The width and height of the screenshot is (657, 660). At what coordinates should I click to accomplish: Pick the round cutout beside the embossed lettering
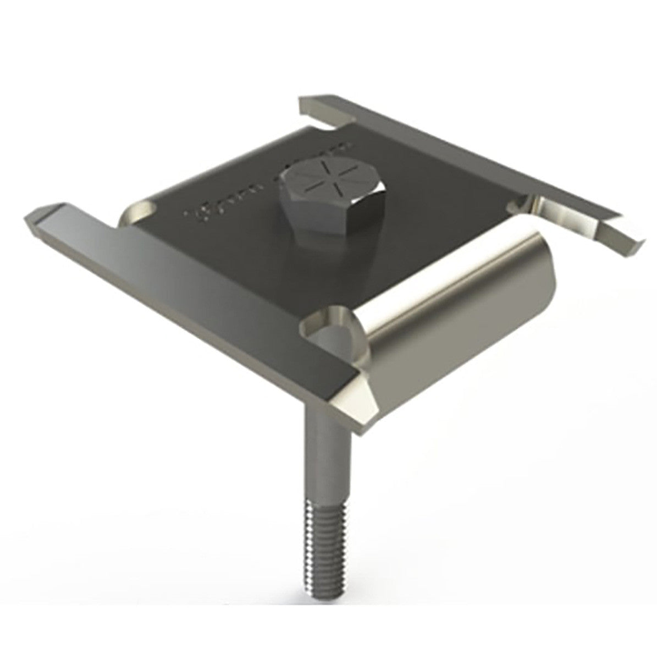[144, 210]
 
